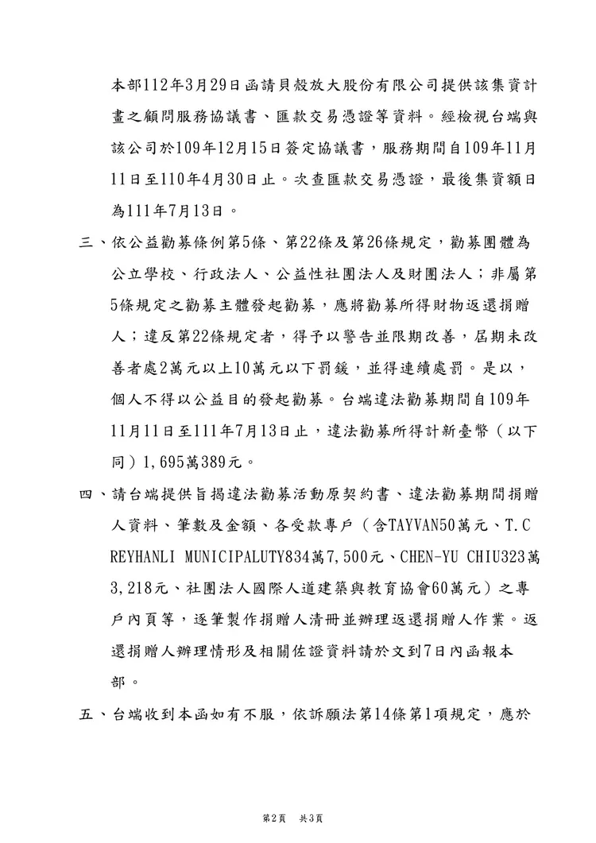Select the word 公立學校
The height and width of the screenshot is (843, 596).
tap(139, 273)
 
